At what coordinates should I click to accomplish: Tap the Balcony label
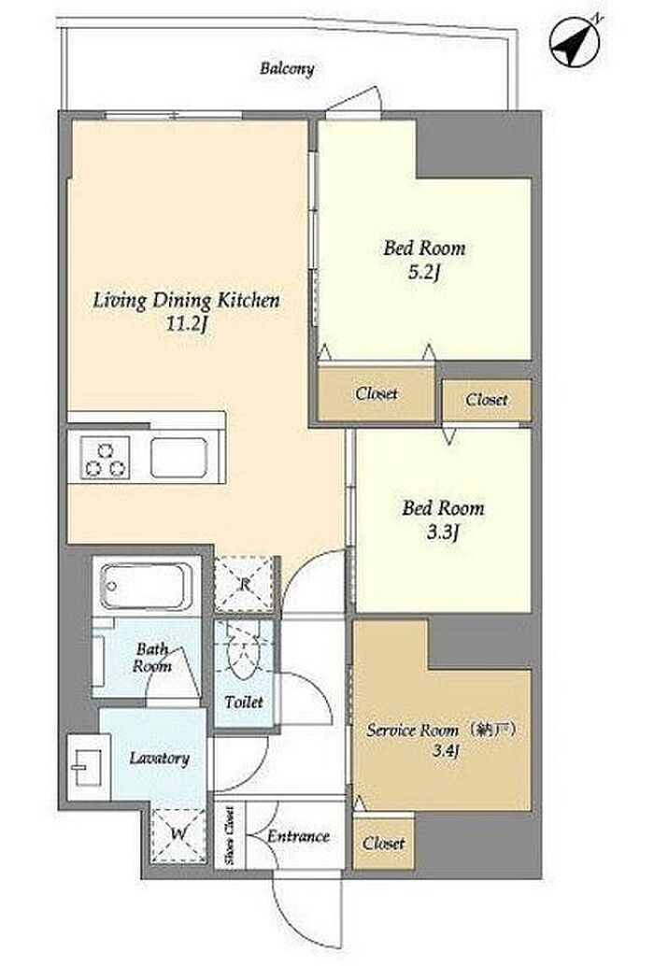pos(287,68)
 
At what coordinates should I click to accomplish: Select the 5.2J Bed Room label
pos(424,260)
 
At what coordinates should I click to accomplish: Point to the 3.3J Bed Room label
pos(443,520)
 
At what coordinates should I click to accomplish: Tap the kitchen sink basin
pos(178,457)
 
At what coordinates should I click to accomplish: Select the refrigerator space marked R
pos(244,584)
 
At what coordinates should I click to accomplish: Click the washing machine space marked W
pos(178,835)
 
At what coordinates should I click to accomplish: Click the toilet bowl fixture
pos(244,653)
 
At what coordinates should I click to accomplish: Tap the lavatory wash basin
pos(88,767)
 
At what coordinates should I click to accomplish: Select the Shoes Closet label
pos(229,835)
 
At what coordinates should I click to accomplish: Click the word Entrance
pos(298,836)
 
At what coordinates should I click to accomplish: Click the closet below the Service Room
pos(383,842)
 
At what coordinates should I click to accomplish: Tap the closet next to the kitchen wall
pos(377,393)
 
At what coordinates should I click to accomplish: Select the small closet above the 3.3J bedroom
pos(487,400)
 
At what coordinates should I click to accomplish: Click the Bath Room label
pos(152,658)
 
